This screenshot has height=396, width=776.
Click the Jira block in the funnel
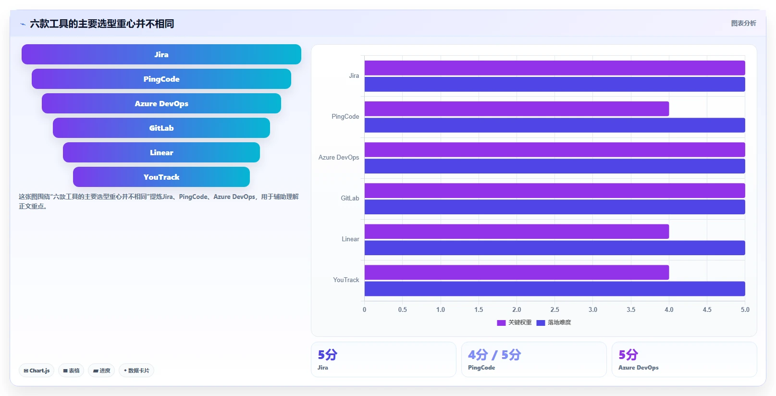point(161,54)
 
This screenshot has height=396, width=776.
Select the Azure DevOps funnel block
point(161,103)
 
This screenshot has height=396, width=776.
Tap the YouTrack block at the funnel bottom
point(161,177)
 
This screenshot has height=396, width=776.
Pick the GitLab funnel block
point(161,128)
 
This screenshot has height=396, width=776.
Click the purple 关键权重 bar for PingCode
point(517,109)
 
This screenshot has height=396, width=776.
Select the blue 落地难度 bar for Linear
point(554,247)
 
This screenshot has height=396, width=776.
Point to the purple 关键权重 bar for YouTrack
point(517,272)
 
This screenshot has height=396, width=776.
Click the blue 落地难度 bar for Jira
point(554,84)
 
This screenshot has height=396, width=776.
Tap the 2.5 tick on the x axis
point(554,309)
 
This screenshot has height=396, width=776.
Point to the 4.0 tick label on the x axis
point(669,309)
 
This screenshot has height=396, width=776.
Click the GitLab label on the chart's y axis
point(350,198)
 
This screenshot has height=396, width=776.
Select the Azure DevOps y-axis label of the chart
point(339,157)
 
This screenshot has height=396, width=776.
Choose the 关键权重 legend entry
point(514,322)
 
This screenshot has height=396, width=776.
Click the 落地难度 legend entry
point(554,322)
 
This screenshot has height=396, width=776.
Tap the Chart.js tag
point(37,371)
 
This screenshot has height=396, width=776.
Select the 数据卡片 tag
point(136,371)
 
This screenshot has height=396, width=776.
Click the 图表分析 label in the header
point(743,23)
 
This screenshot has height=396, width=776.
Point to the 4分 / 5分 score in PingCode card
point(494,355)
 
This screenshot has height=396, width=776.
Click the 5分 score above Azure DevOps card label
point(628,355)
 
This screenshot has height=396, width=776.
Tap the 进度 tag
point(101,371)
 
